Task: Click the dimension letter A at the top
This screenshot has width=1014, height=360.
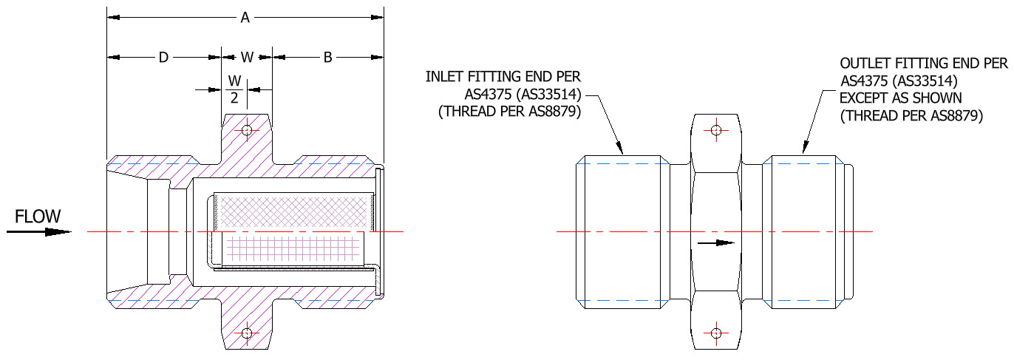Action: pos(245,18)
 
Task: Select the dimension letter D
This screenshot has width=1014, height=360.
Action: pos(163,58)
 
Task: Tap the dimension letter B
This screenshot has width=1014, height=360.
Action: pos(327,58)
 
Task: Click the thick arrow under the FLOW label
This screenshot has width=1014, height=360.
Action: pos(40,231)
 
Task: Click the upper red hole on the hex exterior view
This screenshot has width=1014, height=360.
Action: pos(715,131)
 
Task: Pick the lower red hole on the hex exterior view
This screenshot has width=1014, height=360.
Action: pos(715,333)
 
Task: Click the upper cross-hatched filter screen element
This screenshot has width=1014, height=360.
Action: pos(293,211)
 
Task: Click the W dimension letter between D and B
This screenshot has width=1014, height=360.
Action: pos(247,58)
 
